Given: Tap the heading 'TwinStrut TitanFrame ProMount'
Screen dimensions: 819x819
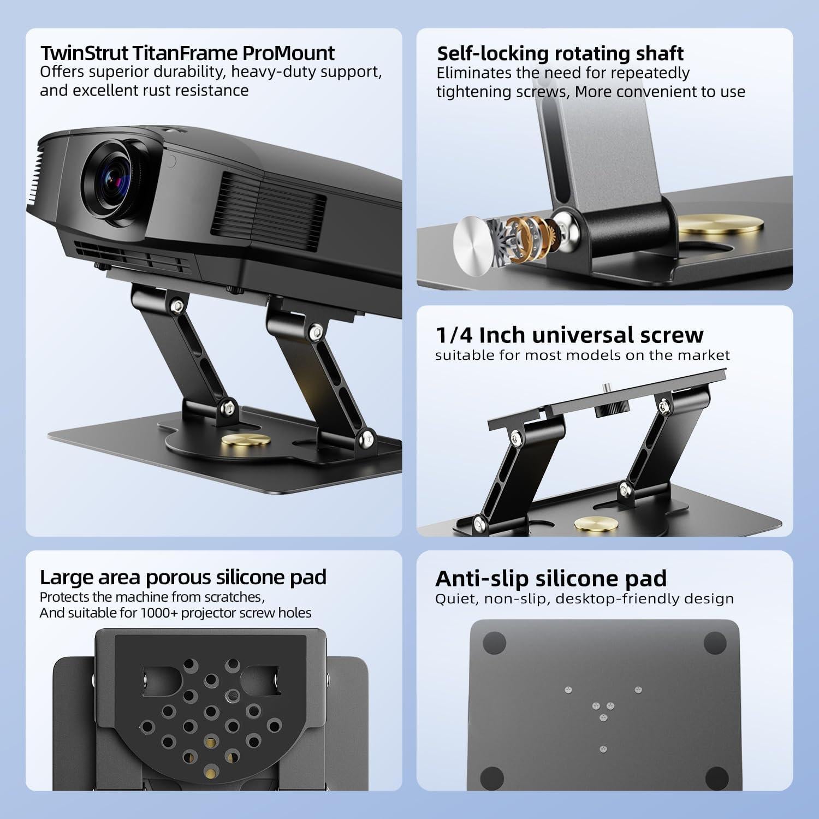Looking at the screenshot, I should pyautogui.click(x=187, y=53).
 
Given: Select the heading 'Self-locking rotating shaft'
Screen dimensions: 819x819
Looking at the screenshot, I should pyautogui.click(x=560, y=53).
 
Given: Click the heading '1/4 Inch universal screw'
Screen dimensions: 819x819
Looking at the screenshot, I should pyautogui.click(x=569, y=335).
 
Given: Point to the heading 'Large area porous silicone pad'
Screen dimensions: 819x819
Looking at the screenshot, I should pyautogui.click(x=183, y=577).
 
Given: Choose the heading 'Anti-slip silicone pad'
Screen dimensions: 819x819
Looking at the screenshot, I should pyautogui.click(x=551, y=578).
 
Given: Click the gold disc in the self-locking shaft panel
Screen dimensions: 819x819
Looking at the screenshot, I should pyautogui.click(x=721, y=224).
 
